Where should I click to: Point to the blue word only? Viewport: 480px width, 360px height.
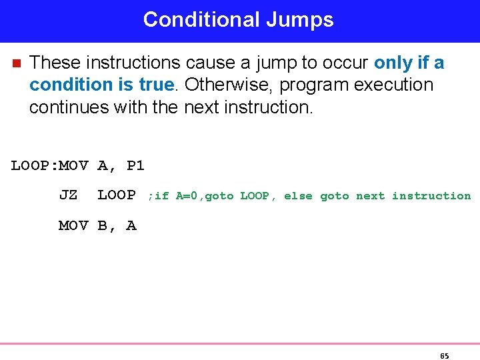(393, 63)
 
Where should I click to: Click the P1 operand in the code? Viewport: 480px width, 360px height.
(135, 165)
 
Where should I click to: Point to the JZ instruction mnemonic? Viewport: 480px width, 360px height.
(68, 195)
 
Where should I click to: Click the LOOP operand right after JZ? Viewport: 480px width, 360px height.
(117, 195)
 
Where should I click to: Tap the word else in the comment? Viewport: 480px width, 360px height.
(298, 196)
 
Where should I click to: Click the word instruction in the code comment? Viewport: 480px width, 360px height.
(431, 196)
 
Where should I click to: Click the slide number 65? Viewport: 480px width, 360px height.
(445, 355)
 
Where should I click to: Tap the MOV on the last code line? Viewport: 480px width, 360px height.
(73, 225)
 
